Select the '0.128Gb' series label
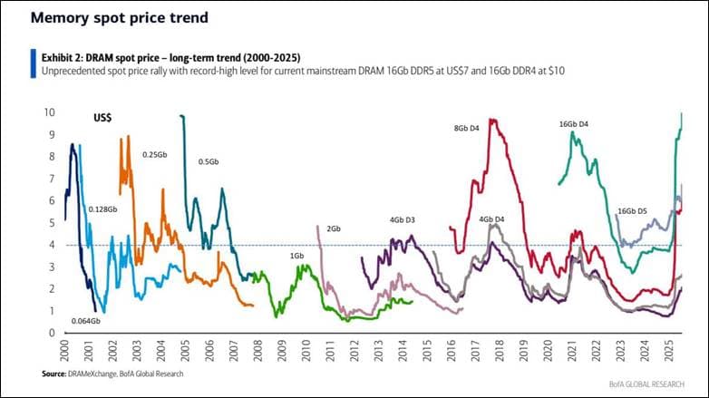pos(102,209)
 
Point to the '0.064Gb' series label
pos(86,321)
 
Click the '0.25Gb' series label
pos(155,155)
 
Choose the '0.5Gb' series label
pos(209,161)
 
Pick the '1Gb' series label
pos(296,257)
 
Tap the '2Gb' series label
pos(333,228)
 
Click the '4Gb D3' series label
pos(403,219)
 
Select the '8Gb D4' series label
pos(467,129)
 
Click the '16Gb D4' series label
pos(573,123)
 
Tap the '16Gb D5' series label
pos(632,211)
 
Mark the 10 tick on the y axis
pos(51,112)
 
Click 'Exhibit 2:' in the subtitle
pos(64,57)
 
